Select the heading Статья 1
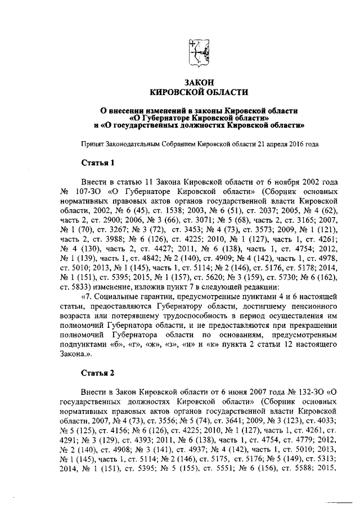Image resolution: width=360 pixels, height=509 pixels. pyautogui.click(x=97, y=164)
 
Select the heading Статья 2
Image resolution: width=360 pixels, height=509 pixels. pyautogui.click(x=97, y=373)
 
